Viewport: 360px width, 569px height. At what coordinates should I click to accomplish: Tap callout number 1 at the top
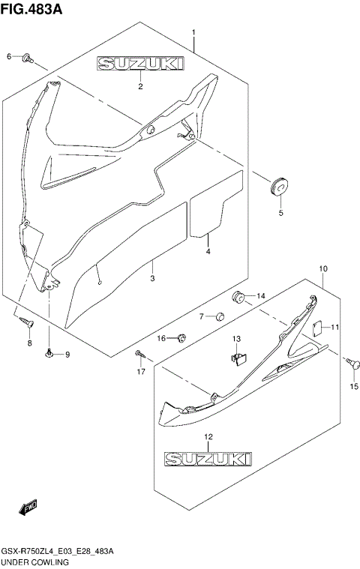click(193, 32)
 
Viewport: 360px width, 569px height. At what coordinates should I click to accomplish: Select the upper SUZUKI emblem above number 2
click(139, 66)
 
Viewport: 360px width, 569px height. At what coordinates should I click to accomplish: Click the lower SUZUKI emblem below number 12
click(208, 456)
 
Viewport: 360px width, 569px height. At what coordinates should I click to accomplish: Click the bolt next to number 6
click(28, 57)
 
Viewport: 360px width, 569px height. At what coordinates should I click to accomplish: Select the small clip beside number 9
click(49, 354)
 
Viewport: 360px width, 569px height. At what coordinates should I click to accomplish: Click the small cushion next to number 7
click(220, 316)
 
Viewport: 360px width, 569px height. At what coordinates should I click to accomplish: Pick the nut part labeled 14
click(240, 296)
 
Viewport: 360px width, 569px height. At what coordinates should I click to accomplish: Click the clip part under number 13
click(238, 359)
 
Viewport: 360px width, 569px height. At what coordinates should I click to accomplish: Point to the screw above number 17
click(139, 353)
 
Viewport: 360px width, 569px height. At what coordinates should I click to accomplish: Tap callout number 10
click(323, 268)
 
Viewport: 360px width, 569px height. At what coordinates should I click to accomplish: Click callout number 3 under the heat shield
click(152, 278)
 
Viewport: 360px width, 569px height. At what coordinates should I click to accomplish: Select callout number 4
click(208, 252)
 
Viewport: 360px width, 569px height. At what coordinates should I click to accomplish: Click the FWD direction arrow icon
click(28, 509)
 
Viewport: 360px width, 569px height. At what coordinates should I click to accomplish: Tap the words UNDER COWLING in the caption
click(35, 562)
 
